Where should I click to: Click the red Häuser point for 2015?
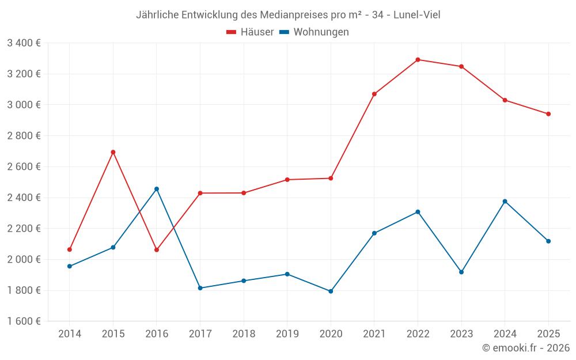click(113, 152)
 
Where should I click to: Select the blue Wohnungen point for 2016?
click(157, 189)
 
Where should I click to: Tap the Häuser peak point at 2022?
click(418, 59)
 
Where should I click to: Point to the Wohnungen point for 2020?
click(331, 291)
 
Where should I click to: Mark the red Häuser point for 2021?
click(374, 94)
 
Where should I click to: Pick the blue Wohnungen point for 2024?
click(505, 201)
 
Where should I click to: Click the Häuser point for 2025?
click(548, 114)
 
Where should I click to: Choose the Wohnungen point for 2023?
click(461, 272)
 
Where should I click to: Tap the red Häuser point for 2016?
click(157, 250)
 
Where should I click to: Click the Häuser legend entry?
click(250, 32)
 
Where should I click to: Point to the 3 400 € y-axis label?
click(24, 43)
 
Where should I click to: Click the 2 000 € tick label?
click(24, 259)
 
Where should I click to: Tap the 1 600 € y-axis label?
click(24, 321)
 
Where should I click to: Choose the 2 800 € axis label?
click(24, 135)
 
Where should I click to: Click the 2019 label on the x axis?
click(287, 334)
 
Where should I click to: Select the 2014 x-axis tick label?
click(70, 334)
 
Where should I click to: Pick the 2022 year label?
click(418, 334)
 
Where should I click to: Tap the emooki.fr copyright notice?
click(526, 348)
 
